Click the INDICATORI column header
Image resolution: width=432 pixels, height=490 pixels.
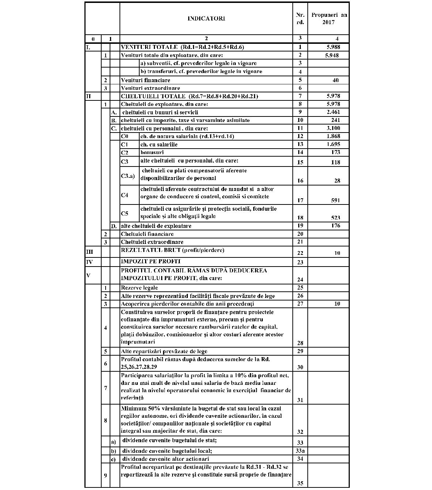pos(206,18)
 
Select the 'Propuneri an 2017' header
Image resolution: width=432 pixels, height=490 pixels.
pos(329,18)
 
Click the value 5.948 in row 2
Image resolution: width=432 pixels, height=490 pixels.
pos(331,55)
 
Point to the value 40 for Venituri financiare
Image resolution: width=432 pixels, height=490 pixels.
pos(336,80)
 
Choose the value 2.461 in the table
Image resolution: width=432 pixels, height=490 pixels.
pos(333,112)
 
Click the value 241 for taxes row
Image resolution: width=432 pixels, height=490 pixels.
pos(335,120)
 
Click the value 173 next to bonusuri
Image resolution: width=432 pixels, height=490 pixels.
pos(335,152)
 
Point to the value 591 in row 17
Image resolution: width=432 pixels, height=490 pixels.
pos(335,200)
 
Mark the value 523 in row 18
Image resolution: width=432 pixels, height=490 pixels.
pos(335,218)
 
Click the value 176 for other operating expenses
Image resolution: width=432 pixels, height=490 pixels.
pos(335,226)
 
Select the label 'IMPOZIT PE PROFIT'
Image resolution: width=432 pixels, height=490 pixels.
pos(151,261)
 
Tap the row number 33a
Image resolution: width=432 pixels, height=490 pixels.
pos(300,451)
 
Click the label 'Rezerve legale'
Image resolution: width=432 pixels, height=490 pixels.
pos(139,288)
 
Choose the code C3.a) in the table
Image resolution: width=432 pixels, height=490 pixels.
pos(128,176)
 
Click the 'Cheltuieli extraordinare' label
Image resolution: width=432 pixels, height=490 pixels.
pos(152,242)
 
